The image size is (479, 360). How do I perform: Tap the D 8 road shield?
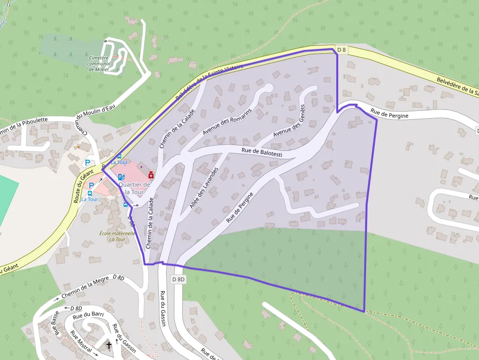pyautogui.click(x=342, y=50)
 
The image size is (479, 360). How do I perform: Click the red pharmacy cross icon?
pyautogui.click(x=151, y=174)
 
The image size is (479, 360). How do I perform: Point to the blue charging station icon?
pyautogui.click(x=121, y=177)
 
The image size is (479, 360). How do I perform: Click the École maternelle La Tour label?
pyautogui.click(x=117, y=236)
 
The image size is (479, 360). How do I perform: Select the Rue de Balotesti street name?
pyautogui.click(x=262, y=152)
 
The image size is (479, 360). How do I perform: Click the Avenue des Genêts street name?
pyautogui.click(x=289, y=121)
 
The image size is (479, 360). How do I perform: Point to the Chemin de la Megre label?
pyautogui.click(x=85, y=289)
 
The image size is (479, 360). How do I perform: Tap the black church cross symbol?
pyautogui.click(x=109, y=345)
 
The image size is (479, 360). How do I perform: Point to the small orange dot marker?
pyautogui.click(x=78, y=147)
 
